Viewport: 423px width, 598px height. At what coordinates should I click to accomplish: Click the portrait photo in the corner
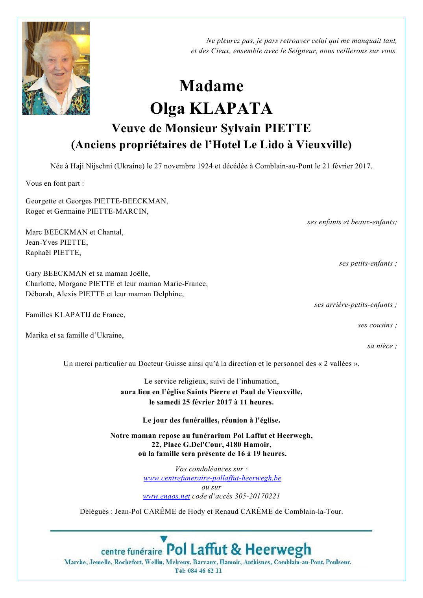click(x=56, y=68)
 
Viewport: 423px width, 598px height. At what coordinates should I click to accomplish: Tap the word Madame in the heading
click(x=211, y=86)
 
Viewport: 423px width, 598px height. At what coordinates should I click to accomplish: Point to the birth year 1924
click(x=205, y=166)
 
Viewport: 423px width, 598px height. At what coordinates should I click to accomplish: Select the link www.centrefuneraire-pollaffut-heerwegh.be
click(x=212, y=478)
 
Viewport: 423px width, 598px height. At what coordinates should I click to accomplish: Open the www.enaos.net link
click(x=166, y=496)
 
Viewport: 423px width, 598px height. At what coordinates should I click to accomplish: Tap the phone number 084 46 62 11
click(x=205, y=571)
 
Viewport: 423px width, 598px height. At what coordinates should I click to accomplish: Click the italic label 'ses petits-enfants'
click(x=366, y=263)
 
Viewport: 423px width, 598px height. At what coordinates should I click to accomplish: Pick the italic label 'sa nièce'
click(x=380, y=346)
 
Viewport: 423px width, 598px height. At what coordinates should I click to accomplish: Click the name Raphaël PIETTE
click(x=53, y=253)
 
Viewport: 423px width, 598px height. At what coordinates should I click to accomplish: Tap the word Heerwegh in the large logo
click(x=278, y=549)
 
